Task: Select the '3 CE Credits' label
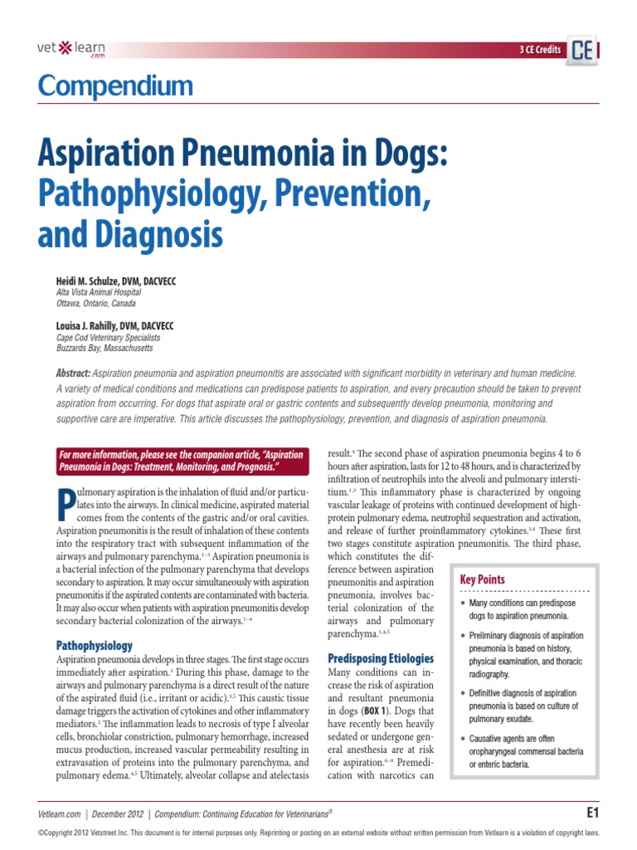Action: (539, 51)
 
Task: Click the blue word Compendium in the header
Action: (114, 86)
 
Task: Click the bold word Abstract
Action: (73, 374)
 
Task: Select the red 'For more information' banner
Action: (181, 462)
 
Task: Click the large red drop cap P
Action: (70, 508)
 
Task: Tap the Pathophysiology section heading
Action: (94, 645)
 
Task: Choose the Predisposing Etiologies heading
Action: (381, 658)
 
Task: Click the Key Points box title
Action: (483, 579)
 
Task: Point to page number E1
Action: (592, 812)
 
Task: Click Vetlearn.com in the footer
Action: (59, 814)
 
